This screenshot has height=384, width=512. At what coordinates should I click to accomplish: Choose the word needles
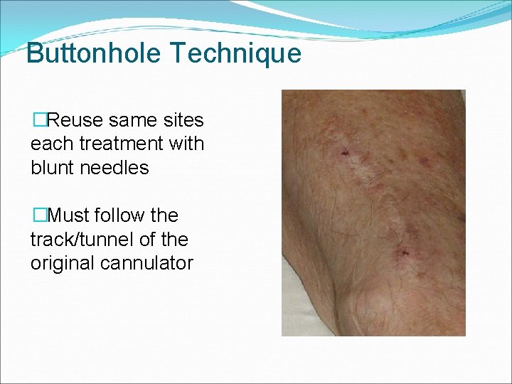(117, 168)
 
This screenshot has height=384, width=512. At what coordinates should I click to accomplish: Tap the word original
(61, 263)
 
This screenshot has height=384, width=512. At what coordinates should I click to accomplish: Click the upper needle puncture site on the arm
(345, 152)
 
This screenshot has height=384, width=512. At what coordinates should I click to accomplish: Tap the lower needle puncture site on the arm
(404, 252)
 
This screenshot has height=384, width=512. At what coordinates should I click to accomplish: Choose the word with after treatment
(186, 144)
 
